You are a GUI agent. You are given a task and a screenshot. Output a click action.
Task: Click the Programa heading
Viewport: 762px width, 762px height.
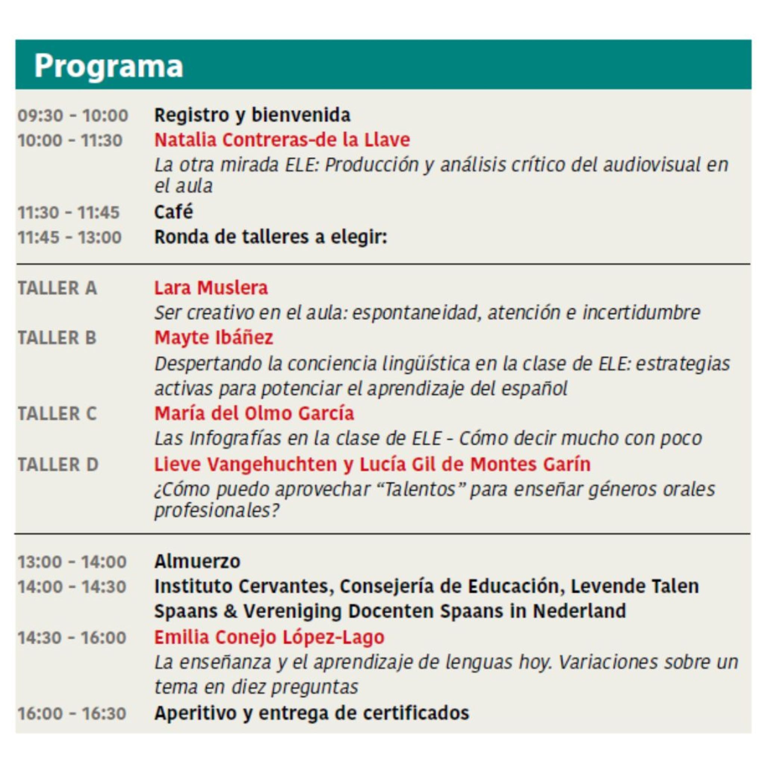coord(108,65)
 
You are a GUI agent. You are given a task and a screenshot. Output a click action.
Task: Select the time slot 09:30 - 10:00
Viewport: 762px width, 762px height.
coord(73,115)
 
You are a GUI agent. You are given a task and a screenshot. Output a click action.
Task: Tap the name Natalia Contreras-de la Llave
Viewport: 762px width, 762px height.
coord(282,140)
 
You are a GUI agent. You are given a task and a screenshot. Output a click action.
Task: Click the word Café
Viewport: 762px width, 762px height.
coord(174,212)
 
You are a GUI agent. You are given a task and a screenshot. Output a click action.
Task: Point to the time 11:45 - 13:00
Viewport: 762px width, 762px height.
coord(70,238)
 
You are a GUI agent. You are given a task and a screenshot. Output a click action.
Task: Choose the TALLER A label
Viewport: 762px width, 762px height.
coord(58,288)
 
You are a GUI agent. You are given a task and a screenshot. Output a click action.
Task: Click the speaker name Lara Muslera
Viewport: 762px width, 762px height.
coord(211,288)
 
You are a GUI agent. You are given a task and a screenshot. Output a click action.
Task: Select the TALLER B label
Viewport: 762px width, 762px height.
coord(57,338)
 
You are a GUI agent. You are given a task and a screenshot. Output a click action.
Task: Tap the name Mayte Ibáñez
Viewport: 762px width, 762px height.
coord(214,338)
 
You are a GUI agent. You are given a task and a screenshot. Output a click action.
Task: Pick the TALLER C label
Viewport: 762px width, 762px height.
coord(57,414)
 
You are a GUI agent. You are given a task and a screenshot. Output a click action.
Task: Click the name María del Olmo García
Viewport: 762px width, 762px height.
coord(254,414)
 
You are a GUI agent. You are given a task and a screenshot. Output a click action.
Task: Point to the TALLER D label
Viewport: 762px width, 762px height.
coord(58,464)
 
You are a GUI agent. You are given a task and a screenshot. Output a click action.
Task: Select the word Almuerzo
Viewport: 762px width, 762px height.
coord(197,562)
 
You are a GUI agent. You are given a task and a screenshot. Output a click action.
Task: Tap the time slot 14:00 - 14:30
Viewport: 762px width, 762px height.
coord(72,587)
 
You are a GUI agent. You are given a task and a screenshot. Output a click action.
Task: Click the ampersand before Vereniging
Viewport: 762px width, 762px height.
coord(230,611)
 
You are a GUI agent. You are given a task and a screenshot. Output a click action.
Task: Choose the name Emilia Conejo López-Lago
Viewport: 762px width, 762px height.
coord(269,637)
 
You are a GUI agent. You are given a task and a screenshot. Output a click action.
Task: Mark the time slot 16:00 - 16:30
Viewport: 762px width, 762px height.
coord(72,713)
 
